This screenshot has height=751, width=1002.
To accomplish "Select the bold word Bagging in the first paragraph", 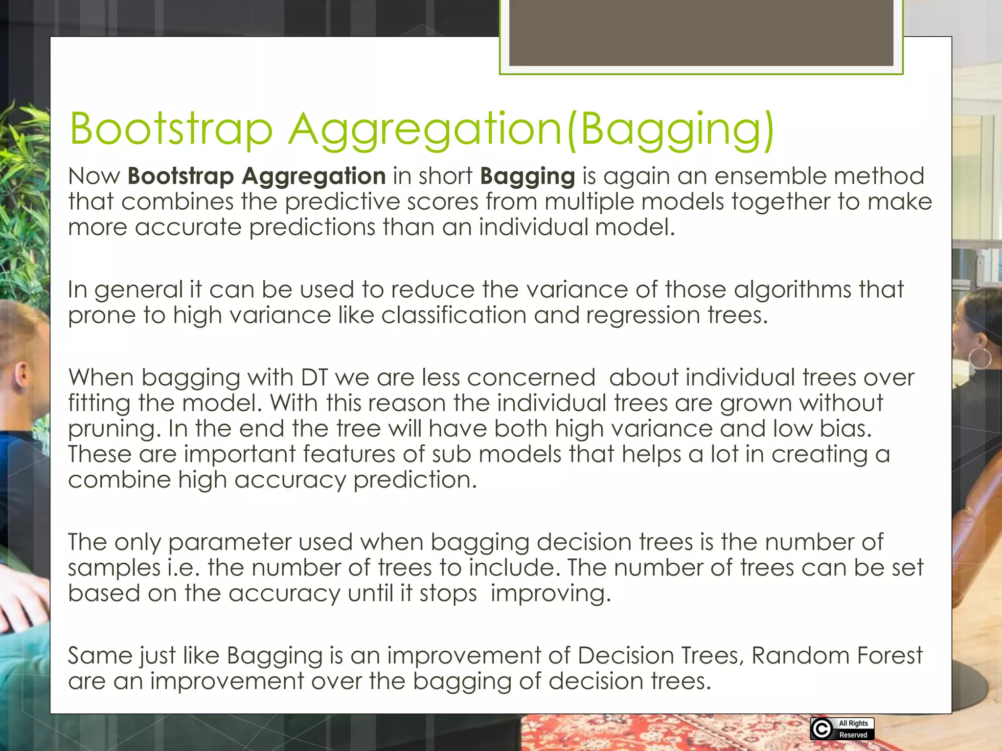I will point(527,176).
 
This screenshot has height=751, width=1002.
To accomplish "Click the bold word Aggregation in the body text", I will point(314,176).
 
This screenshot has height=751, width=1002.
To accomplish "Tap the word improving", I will point(550,594).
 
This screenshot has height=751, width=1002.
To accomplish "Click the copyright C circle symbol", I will point(821,729).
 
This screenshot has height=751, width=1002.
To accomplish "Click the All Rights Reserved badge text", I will point(853,729).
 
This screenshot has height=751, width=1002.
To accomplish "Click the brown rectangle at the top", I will point(701,32).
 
